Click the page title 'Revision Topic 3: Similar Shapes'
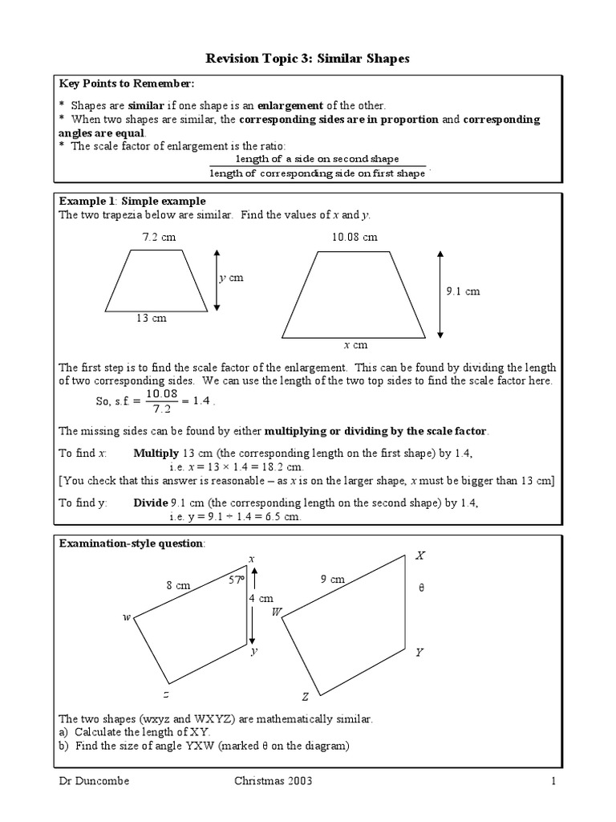click(x=308, y=58)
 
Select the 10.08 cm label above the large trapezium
click(x=354, y=238)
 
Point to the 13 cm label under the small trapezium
click(x=151, y=319)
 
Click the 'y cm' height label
click(x=231, y=278)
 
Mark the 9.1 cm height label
click(x=463, y=291)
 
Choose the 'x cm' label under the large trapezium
click(x=355, y=344)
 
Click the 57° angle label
click(x=236, y=579)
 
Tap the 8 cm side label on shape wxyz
click(x=178, y=585)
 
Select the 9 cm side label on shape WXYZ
click(x=331, y=579)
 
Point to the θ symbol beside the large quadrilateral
click(x=421, y=588)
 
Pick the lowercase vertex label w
click(x=126, y=617)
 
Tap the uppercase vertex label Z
click(x=305, y=697)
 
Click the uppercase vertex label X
click(x=420, y=555)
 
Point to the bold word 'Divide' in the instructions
click(x=149, y=503)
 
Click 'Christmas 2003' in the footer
click(x=273, y=781)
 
